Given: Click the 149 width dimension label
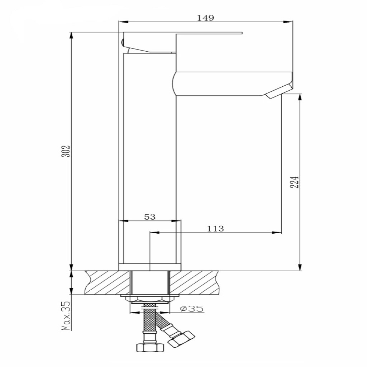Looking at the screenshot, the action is (x=205, y=18).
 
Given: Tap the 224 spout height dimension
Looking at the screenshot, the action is (x=295, y=182).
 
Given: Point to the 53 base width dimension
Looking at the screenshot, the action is (x=150, y=217).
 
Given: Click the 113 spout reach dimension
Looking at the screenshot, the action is (x=215, y=228).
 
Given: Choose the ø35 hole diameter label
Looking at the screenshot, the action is (x=191, y=309).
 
